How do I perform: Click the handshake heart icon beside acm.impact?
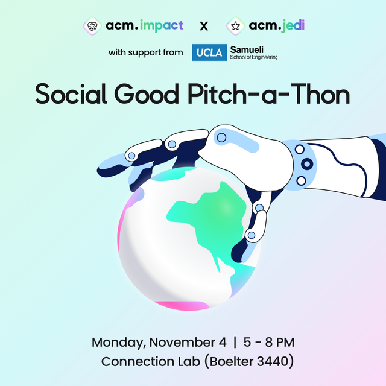pyautogui.click(x=92, y=27)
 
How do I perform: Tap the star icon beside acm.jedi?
pyautogui.click(x=235, y=27)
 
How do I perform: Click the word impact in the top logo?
pyautogui.click(x=162, y=27)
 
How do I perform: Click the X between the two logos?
pyautogui.click(x=204, y=27)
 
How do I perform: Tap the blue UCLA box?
pyautogui.click(x=209, y=53)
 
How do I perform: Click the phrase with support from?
pyautogui.click(x=145, y=53)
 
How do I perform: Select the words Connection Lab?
pyautogui.click(x=147, y=362)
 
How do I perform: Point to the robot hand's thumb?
pyautogui.click(x=256, y=223)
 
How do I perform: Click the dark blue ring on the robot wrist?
pyautogui.click(x=308, y=163)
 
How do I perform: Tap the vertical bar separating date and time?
pyautogui.click(x=235, y=343)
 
